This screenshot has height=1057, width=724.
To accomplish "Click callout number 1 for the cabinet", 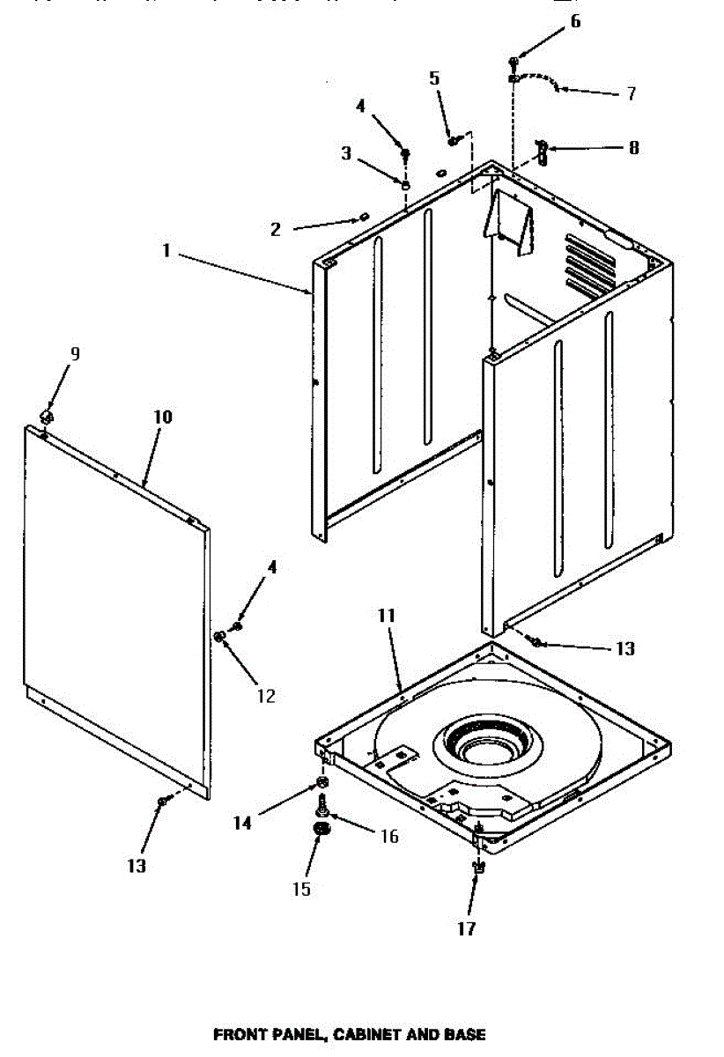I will click(x=166, y=251).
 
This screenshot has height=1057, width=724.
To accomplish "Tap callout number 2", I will click(x=276, y=230).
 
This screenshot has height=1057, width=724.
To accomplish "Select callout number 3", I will click(x=346, y=154).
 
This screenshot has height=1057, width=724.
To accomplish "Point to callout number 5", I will click(x=434, y=78).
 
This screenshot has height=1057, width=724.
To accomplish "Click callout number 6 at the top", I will click(x=575, y=21).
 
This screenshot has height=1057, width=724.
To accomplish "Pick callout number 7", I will click(x=631, y=93).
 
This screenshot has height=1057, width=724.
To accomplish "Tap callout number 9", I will click(x=75, y=354).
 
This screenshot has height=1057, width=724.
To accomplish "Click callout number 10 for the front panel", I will click(x=164, y=416).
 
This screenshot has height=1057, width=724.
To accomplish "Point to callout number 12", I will click(x=266, y=696).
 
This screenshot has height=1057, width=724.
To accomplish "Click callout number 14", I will click(x=242, y=823).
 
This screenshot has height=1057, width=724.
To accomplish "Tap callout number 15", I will click(x=301, y=889).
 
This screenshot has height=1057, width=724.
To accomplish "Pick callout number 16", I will click(x=388, y=836).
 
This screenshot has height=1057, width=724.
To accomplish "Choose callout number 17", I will click(x=466, y=928).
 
